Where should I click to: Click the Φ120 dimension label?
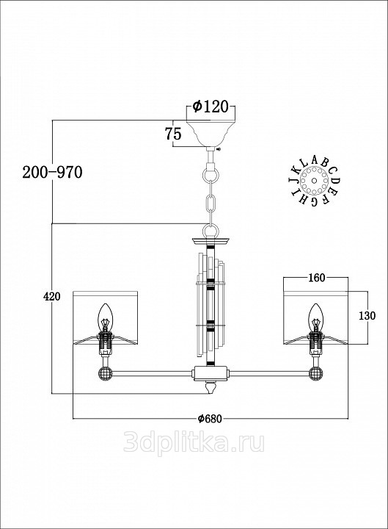coord(211,107)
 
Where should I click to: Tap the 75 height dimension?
coord(173,134)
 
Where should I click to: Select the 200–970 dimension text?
coord(52,173)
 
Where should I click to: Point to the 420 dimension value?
coord(52,297)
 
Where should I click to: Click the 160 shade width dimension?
coord(317,278)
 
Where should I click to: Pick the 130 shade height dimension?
coord(367,316)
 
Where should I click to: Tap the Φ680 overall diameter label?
coord(210,419)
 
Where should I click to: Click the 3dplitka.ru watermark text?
coord(194,442)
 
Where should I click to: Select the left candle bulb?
coord(105,316)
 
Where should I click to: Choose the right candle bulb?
coord(316,316)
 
